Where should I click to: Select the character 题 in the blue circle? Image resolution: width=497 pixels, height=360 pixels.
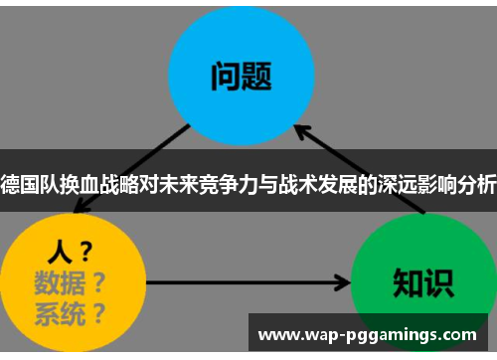pos(255,76)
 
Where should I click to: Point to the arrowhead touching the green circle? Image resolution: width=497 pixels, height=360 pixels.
pos(344,281)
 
